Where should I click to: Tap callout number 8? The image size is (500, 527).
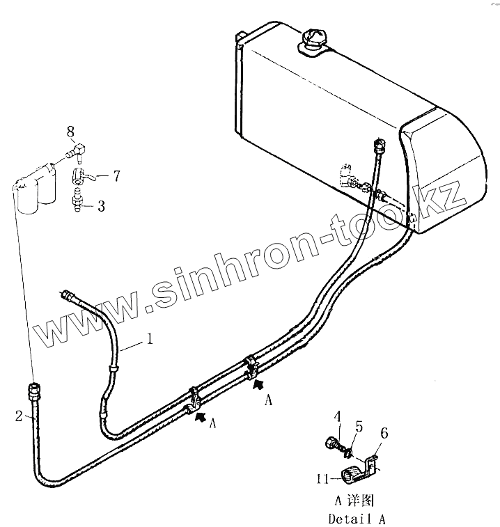pyautogui.click(x=70, y=130)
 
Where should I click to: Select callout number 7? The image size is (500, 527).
pyautogui.click(x=116, y=176)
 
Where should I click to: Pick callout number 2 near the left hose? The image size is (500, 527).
pyautogui.click(x=19, y=416)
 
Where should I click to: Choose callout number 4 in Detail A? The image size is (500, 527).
pyautogui.click(x=337, y=417)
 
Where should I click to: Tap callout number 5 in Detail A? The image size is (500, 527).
pyautogui.click(x=359, y=426)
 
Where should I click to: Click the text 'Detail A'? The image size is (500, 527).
pyautogui.click(x=356, y=519)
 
